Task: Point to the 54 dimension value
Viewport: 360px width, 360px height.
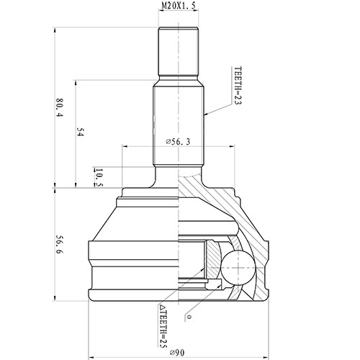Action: (x=80, y=132)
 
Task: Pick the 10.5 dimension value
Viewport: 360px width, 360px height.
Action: (x=98, y=176)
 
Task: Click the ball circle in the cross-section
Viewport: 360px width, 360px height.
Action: (x=238, y=268)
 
